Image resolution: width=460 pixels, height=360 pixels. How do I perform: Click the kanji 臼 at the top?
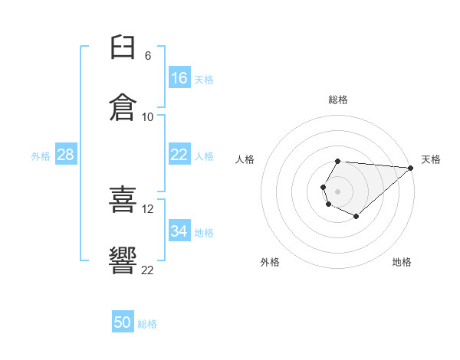pyautogui.click(x=123, y=47)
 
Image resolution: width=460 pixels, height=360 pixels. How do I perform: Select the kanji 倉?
pyautogui.click(x=123, y=107)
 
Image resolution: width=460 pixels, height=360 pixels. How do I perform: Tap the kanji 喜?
pyautogui.click(x=123, y=199)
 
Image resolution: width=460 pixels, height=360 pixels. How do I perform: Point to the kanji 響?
pyautogui.click(x=123, y=260)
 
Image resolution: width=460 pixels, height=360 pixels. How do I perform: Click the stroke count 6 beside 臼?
pyautogui.click(x=148, y=56)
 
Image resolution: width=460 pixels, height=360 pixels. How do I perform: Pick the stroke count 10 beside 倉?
pyautogui.click(x=147, y=117)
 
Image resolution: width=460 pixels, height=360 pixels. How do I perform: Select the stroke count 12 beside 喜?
pyautogui.click(x=147, y=209)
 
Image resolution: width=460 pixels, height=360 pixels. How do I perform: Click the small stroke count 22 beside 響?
pyautogui.click(x=147, y=270)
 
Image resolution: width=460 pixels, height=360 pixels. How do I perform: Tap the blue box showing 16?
pyautogui.click(x=179, y=77)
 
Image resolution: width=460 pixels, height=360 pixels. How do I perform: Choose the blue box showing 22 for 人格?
pyautogui.click(x=179, y=154)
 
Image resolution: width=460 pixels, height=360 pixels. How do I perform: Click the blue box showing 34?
pyautogui.click(x=179, y=230)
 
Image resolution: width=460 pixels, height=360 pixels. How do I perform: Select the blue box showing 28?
pyautogui.click(x=66, y=154)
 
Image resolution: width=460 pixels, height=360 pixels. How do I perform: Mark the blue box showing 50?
pyautogui.click(x=123, y=321)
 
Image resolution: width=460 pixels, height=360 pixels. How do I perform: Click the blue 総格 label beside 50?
pyautogui.click(x=147, y=324)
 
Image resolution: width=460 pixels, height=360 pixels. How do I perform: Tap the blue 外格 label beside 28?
pyautogui.click(x=41, y=156)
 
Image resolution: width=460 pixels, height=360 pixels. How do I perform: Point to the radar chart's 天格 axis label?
pyautogui.click(x=431, y=159)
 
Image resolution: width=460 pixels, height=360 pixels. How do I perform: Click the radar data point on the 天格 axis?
pyautogui.click(x=411, y=168)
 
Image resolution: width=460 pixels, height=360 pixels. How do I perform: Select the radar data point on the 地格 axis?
pyautogui.click(x=356, y=216)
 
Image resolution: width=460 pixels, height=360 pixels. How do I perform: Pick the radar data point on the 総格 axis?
pyautogui.click(x=337, y=162)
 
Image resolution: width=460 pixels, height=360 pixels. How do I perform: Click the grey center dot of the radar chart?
pyautogui.click(x=337, y=191)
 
